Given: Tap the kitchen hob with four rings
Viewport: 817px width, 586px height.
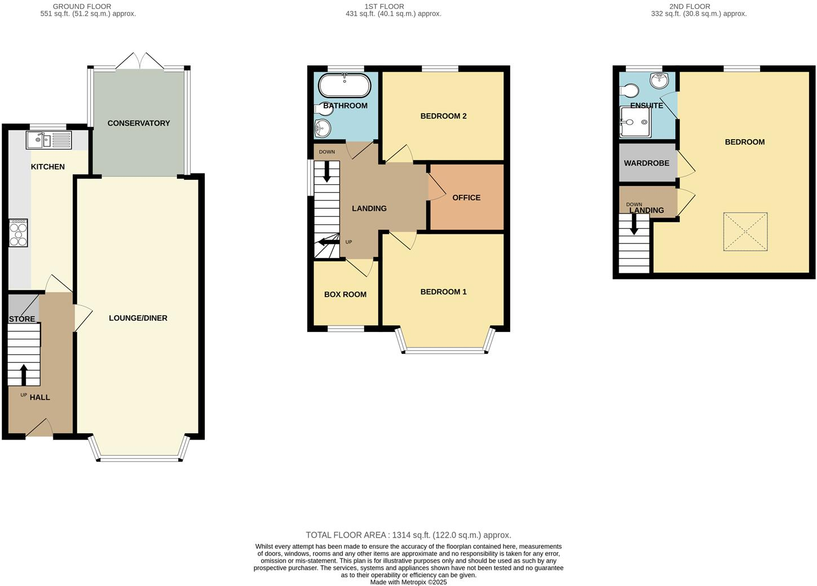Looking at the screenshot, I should click(18, 232).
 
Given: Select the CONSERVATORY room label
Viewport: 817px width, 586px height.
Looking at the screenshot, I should click(139, 123).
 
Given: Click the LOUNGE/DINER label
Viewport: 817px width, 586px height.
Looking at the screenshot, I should click(138, 318).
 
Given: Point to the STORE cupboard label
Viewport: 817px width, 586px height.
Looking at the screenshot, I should click(22, 319).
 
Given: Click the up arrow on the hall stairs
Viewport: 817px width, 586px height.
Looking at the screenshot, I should click(24, 375).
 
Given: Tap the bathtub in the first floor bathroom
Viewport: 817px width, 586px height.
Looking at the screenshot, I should click(345, 86).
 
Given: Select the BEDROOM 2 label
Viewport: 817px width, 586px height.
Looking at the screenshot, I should click(443, 116).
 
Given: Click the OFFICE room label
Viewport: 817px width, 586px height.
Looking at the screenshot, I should click(466, 198).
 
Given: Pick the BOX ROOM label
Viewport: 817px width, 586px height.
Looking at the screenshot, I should click(345, 294).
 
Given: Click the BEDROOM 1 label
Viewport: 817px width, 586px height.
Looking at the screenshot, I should click(443, 292).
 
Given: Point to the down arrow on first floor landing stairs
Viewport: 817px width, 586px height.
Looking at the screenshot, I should click(326, 172).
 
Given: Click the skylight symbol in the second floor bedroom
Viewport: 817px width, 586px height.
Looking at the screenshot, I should click(745, 232).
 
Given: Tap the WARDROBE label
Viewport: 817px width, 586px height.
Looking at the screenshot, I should click(646, 163).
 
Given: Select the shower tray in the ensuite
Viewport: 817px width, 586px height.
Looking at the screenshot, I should click(635, 122).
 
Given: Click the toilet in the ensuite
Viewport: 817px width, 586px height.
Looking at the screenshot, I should click(629, 91).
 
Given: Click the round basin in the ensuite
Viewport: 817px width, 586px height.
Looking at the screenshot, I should click(659, 81).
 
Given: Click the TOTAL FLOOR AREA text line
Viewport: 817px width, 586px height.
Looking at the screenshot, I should click(408, 535).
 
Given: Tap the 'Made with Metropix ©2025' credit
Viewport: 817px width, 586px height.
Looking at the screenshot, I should click(408, 582).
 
